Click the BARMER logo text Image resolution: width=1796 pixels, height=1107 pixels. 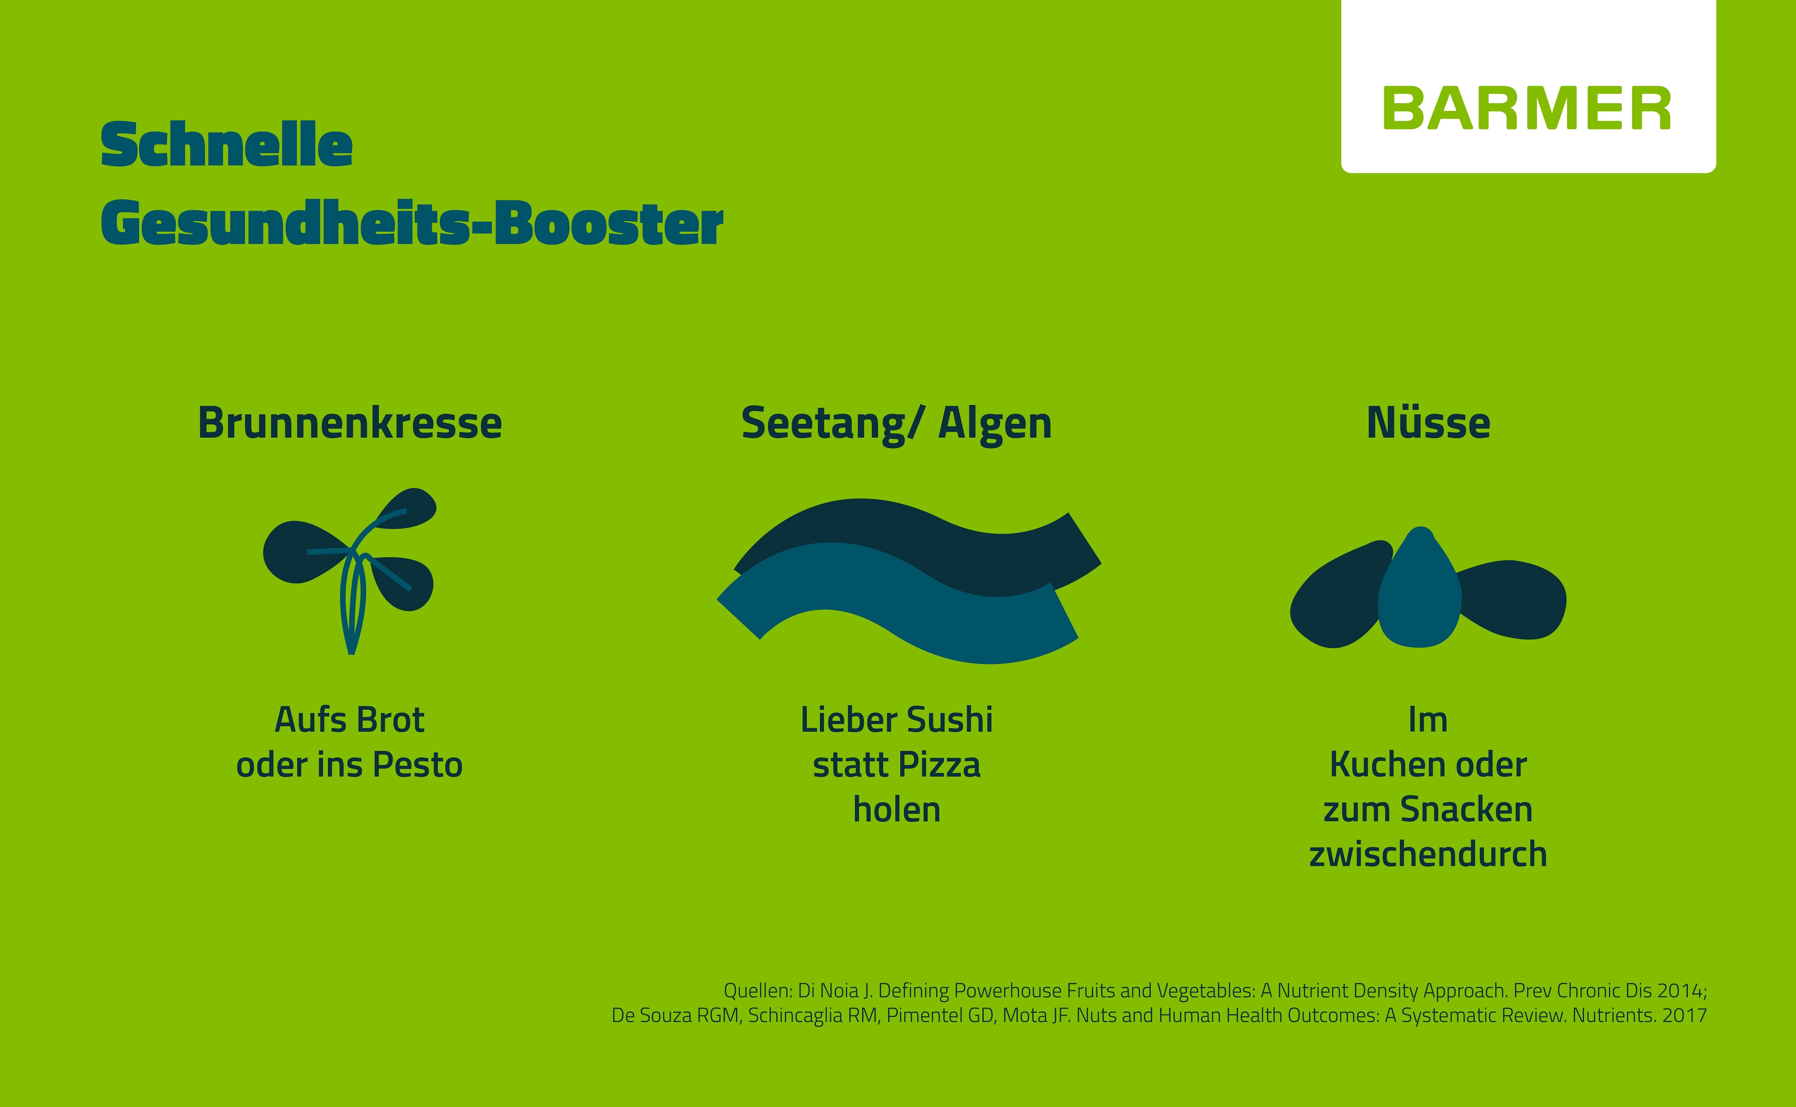pos(1527,108)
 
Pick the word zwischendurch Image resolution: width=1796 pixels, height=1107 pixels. pos(1428,854)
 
